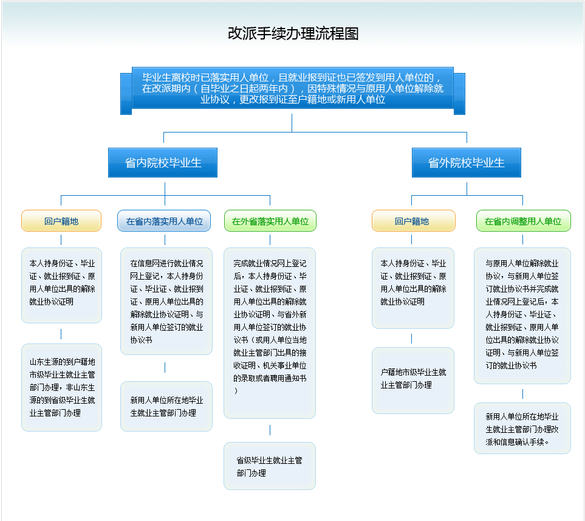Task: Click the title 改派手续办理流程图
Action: click(x=293, y=33)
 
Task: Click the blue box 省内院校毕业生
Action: click(x=163, y=163)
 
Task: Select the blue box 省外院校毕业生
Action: click(x=466, y=163)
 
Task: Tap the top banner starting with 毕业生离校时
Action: click(x=293, y=88)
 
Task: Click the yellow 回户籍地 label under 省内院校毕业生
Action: click(x=61, y=221)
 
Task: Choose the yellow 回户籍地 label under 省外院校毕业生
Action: click(x=413, y=221)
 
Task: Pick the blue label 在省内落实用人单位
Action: click(x=164, y=221)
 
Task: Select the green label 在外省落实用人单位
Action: click(x=270, y=221)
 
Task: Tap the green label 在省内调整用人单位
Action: click(x=523, y=221)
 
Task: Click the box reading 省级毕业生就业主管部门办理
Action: click(x=269, y=466)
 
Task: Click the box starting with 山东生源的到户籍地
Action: click(x=61, y=387)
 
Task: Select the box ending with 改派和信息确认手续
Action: click(x=522, y=429)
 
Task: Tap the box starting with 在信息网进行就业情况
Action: click(x=166, y=301)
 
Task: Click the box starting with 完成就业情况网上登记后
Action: click(x=270, y=333)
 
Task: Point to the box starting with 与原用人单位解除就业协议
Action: click(x=522, y=315)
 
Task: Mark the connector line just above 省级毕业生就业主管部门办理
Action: click(x=270, y=430)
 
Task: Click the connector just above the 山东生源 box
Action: click(x=61, y=334)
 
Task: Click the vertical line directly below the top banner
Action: click(x=292, y=123)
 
